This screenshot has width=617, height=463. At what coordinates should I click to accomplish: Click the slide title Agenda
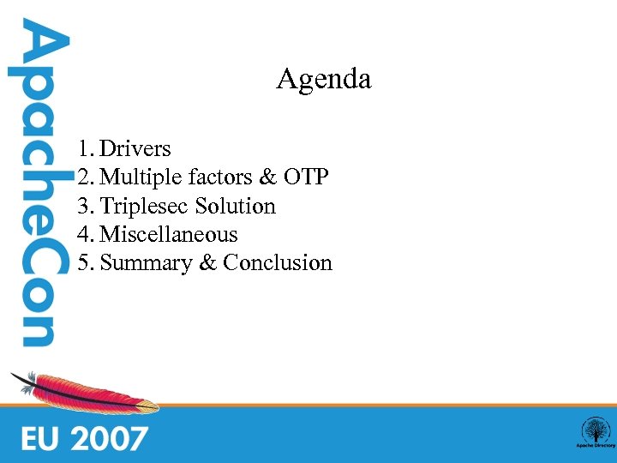point(323,80)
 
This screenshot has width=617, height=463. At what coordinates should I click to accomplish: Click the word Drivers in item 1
point(135,149)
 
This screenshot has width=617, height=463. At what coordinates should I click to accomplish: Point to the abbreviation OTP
point(305,177)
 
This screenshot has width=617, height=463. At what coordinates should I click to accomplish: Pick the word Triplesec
point(145,207)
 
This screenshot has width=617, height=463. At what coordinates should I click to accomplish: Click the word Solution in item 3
point(235,207)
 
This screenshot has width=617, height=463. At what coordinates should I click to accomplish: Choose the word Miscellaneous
point(169,234)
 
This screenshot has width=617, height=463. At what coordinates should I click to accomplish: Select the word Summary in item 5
point(147,263)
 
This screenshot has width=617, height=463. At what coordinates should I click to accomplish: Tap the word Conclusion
point(277,263)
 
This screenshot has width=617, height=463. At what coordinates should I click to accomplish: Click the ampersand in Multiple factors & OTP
point(267,177)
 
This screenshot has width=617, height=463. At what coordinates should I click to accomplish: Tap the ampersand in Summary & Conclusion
point(207,263)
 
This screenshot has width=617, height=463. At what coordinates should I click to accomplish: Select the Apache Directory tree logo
point(595,432)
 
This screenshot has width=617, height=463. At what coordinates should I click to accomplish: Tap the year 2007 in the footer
point(110,439)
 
